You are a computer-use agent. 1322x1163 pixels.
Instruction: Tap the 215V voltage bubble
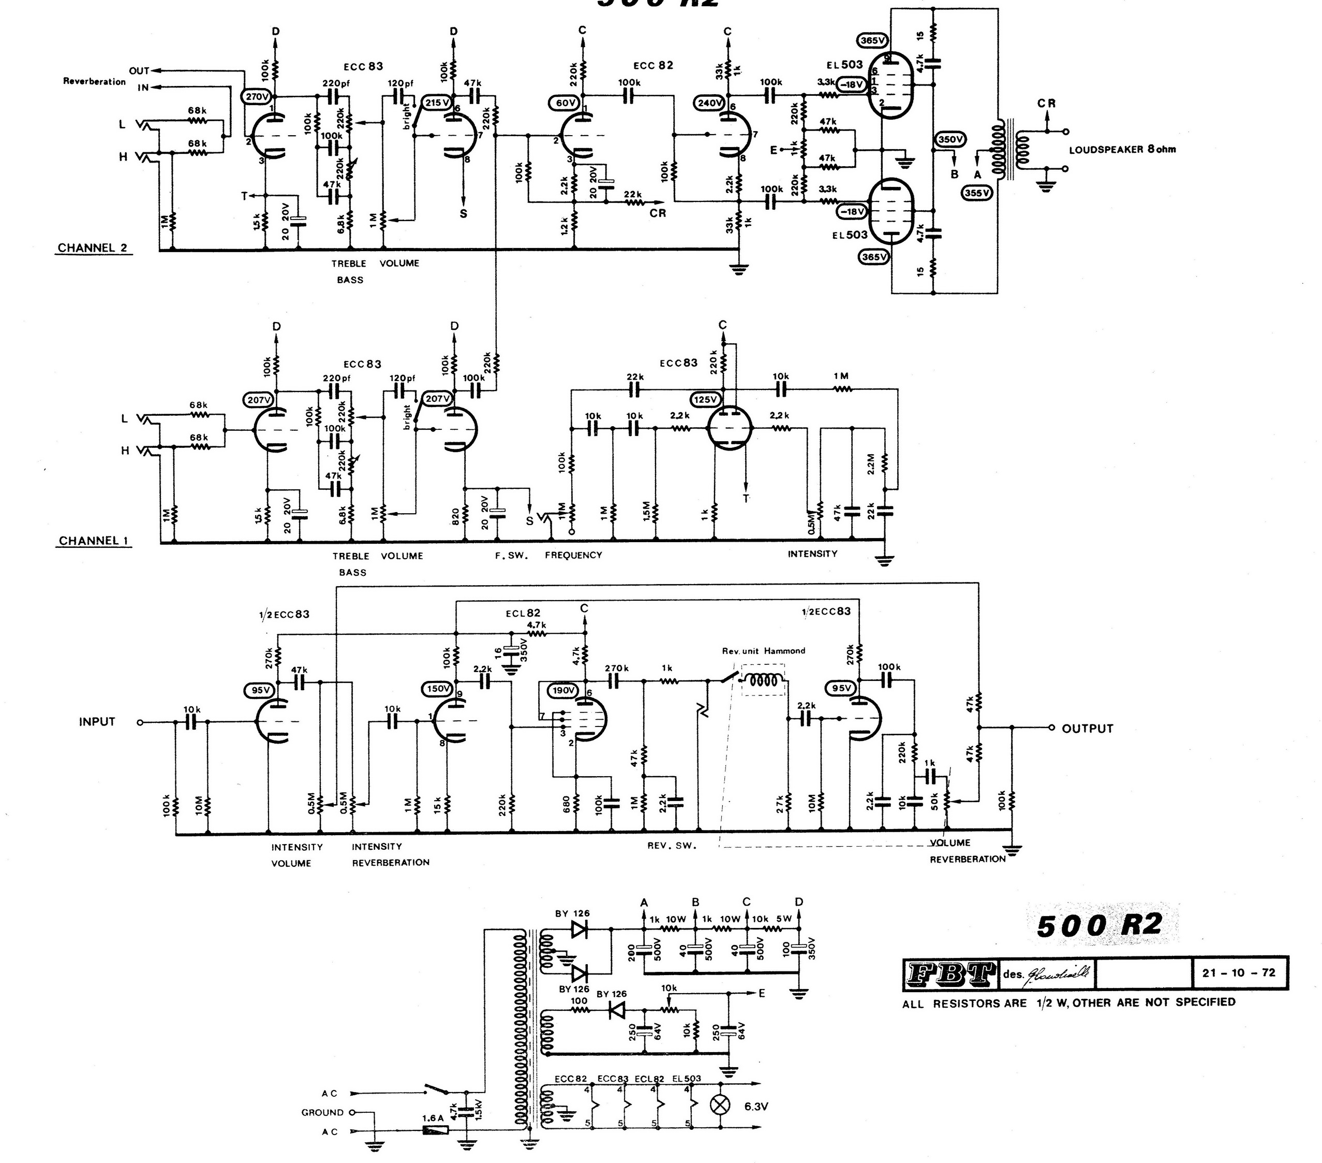point(436,102)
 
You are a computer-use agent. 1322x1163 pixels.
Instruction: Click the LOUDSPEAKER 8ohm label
point(1122,150)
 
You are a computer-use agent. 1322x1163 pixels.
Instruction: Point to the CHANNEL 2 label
point(93,248)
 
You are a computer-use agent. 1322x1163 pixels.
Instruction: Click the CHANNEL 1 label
point(93,541)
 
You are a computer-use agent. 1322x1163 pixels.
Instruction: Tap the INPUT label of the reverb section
point(97,722)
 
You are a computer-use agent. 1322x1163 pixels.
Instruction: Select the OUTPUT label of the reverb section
point(1088,728)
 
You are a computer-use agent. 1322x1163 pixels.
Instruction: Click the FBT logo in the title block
point(949,973)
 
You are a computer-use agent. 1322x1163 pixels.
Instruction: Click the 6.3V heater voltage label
point(756,1107)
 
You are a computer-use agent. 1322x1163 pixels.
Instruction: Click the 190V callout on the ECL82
point(563,691)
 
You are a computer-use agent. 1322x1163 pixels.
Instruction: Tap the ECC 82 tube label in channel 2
point(653,65)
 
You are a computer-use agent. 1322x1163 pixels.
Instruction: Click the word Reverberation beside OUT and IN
point(94,81)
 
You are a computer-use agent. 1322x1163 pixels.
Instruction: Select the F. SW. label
point(512,555)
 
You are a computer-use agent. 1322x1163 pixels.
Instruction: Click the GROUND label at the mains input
point(322,1113)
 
